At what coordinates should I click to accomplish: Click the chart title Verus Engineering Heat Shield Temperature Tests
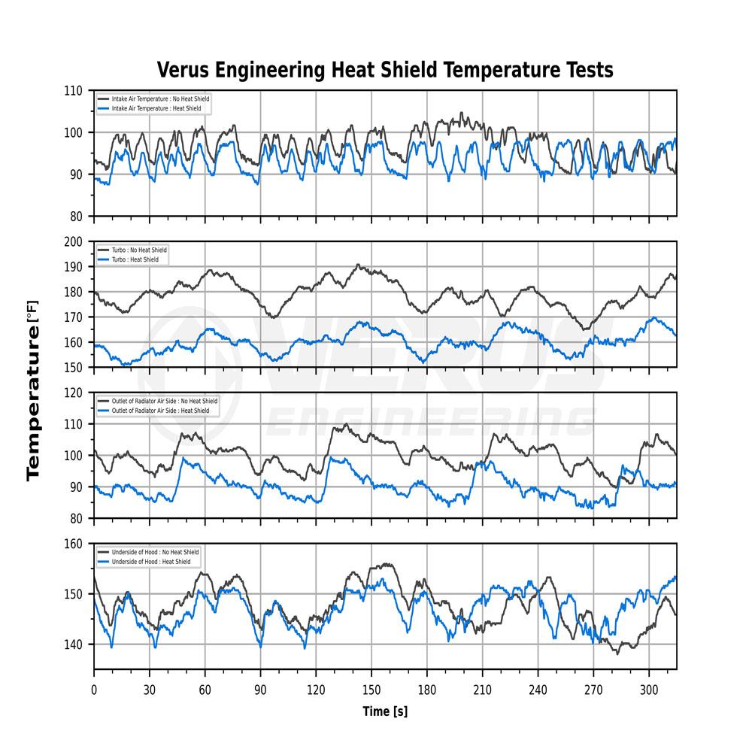(x=385, y=70)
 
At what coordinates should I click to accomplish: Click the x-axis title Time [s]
(x=385, y=711)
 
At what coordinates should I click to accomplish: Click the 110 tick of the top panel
(x=74, y=91)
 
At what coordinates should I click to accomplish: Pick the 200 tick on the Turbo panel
(x=74, y=241)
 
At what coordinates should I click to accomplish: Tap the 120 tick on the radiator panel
(x=74, y=393)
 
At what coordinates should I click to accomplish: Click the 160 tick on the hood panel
(x=74, y=544)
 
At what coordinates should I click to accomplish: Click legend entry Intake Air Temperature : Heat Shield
(x=155, y=109)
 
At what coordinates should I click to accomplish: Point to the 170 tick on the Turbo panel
(x=74, y=317)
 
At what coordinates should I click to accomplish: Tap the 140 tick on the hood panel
(x=74, y=644)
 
